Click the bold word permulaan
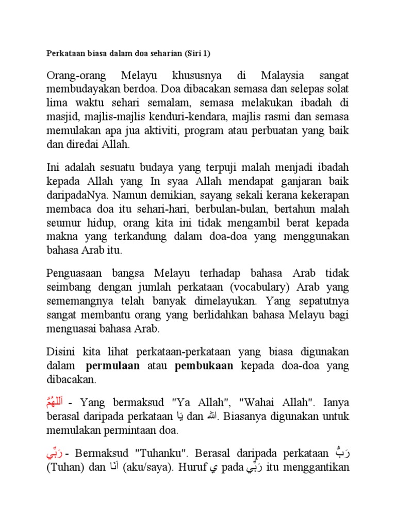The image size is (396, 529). coord(112,366)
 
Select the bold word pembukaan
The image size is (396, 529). coord(204,366)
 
